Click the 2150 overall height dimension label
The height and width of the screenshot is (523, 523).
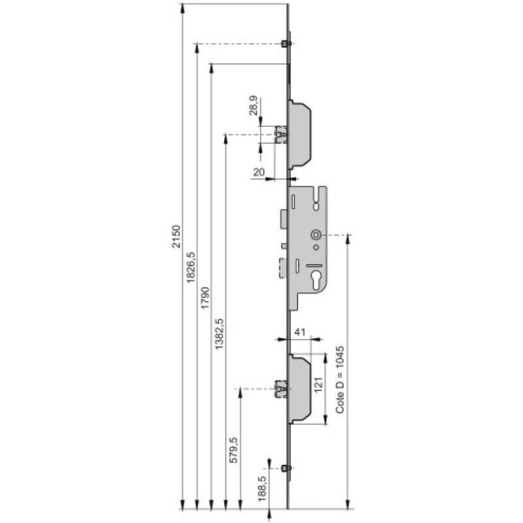tap(176, 237)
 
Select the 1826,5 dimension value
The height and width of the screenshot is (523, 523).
tap(191, 267)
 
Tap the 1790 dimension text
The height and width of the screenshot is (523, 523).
tap(205, 297)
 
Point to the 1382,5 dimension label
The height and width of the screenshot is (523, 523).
tap(219, 334)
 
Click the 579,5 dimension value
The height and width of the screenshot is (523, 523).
tap(234, 450)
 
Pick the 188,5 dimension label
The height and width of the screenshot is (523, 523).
tap(263, 488)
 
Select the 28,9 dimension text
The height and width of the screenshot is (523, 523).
tap(254, 105)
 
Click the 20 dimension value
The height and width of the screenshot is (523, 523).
tap(259, 172)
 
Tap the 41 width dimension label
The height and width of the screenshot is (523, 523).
tap(300, 332)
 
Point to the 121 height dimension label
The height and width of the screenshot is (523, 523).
tap(318, 384)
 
